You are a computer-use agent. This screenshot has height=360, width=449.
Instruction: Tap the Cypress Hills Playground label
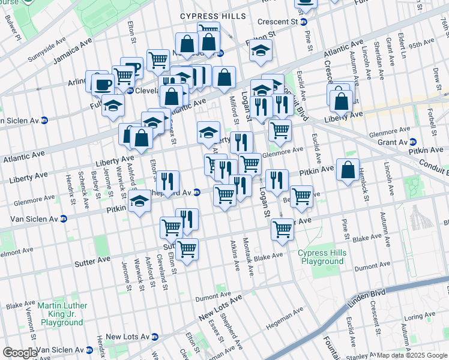[x=322, y=257]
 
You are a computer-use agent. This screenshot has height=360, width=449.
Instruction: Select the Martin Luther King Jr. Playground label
[x=62, y=314]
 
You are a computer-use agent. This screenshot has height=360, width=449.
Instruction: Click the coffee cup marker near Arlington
[x=101, y=83]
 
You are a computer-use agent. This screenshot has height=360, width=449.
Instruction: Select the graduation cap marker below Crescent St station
[x=261, y=51]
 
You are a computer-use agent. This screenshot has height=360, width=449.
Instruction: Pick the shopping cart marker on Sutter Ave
[x=187, y=247]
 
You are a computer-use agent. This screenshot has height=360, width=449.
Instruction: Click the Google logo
[x=20, y=353]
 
